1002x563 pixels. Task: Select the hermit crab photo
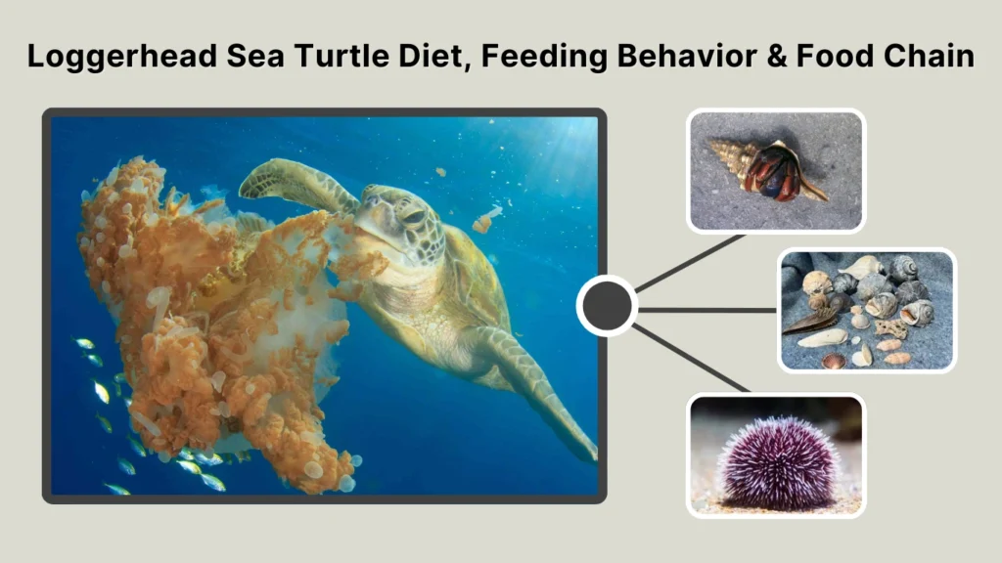776,171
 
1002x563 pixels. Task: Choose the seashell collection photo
867,310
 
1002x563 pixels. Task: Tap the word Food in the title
843,56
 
